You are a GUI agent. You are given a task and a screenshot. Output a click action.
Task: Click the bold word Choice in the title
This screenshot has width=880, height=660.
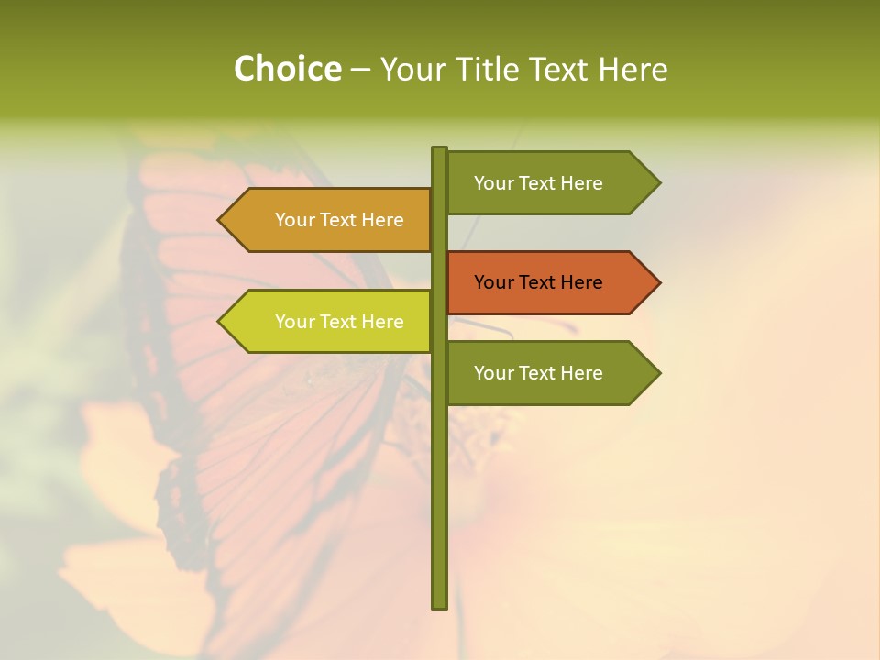(287, 70)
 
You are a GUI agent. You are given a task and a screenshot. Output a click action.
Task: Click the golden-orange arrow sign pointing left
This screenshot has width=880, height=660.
(325, 220)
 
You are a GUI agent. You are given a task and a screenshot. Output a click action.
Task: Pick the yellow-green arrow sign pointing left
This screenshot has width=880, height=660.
(325, 322)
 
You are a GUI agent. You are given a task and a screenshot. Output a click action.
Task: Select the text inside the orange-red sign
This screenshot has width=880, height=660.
(538, 282)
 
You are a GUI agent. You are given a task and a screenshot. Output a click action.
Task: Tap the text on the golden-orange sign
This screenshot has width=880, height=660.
(339, 220)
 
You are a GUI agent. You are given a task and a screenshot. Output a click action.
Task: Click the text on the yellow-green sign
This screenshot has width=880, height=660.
(339, 322)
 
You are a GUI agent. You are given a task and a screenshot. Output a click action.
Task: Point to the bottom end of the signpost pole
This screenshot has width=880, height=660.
(439, 605)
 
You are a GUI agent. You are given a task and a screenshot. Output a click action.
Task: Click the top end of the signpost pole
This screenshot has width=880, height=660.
(439, 149)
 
